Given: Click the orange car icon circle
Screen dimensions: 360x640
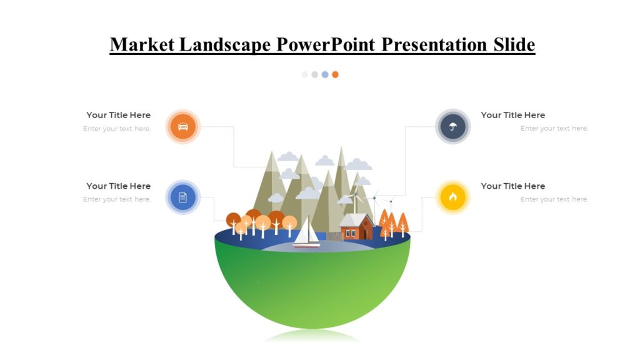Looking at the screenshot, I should [x=182, y=127].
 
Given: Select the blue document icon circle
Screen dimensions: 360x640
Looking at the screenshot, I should [x=182, y=197].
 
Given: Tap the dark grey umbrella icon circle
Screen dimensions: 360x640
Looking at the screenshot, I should [x=452, y=127].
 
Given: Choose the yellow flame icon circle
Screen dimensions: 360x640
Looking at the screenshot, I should [x=452, y=197].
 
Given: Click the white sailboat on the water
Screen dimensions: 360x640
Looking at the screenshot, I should [x=307, y=233].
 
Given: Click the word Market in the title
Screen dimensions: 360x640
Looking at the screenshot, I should [x=142, y=45].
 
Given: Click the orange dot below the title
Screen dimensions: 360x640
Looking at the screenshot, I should [x=335, y=74].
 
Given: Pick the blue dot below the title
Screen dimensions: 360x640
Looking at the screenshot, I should [x=325, y=74].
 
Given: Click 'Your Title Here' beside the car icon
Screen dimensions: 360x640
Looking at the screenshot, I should [x=118, y=115].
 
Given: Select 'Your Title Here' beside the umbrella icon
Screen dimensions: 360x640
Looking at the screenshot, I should [x=512, y=115].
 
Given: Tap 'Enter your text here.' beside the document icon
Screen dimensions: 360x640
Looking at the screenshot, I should [x=117, y=199].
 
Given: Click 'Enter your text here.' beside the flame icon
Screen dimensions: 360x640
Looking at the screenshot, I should [x=554, y=199].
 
